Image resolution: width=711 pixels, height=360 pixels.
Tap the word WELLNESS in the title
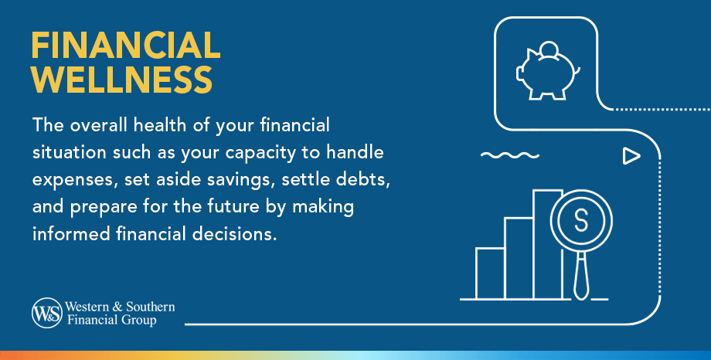coord(121,80)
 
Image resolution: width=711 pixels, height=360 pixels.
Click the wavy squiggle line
coord(509,157)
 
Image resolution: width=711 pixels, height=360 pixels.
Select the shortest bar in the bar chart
coord(490,273)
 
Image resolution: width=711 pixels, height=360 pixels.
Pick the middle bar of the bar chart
coord(519,258)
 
